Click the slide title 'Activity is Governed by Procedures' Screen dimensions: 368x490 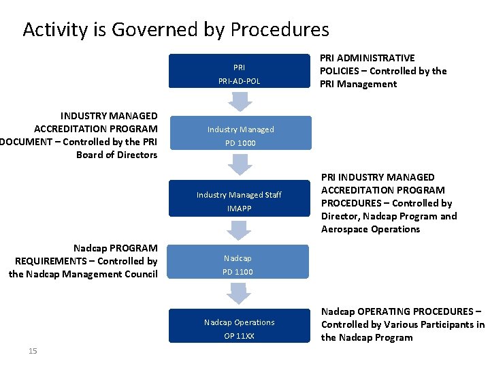tap(176, 30)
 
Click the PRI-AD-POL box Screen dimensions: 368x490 tap(240, 74)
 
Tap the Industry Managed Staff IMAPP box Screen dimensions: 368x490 tap(240, 200)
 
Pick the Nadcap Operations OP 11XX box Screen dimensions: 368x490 tap(240, 328)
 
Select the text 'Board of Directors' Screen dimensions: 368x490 tap(117, 155)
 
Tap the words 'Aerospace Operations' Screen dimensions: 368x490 tap(371, 229)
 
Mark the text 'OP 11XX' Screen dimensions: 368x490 tap(240, 336)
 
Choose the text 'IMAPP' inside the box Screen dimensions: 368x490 tap(240, 208)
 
